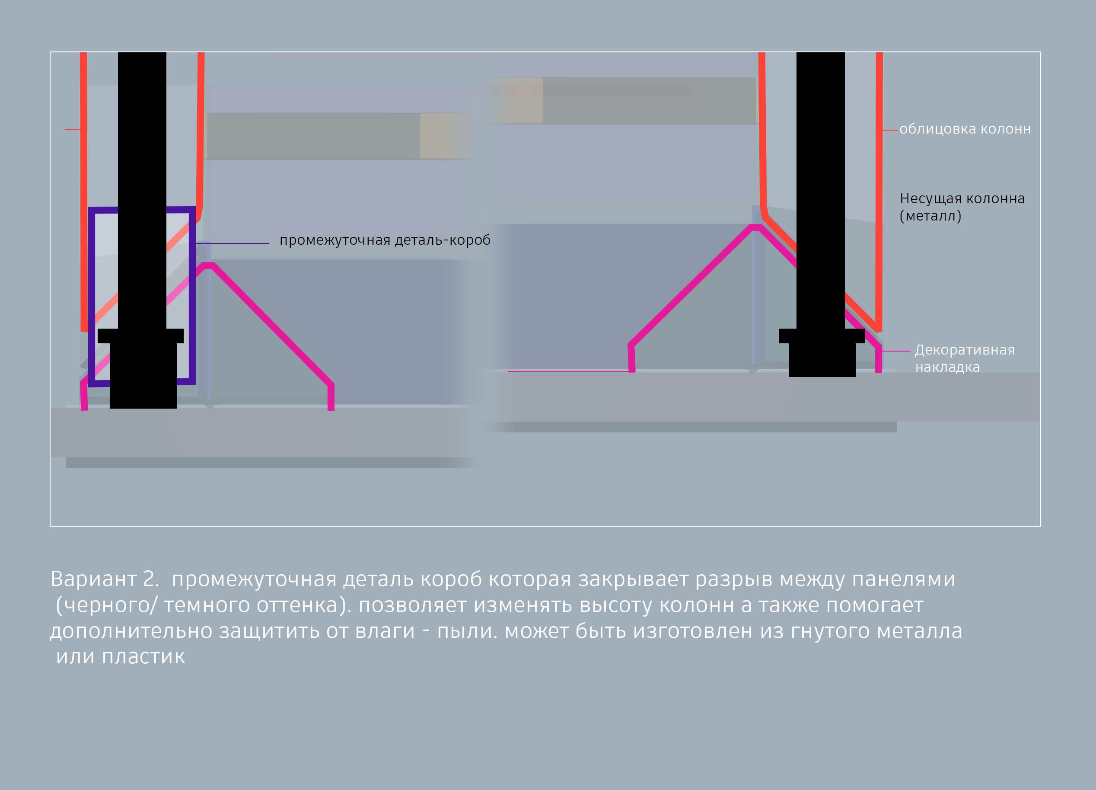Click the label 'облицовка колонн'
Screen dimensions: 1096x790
(x=965, y=129)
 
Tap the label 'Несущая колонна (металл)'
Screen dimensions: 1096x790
(x=962, y=207)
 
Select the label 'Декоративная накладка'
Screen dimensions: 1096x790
(x=965, y=358)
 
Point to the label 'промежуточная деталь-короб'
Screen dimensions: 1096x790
(x=385, y=240)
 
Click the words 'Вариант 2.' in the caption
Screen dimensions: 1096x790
(x=105, y=579)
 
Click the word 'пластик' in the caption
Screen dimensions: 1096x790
(x=143, y=656)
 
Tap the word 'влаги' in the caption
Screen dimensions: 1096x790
(x=385, y=631)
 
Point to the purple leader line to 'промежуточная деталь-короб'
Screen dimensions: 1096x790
(x=233, y=243)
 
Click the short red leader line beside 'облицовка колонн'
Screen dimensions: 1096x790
(x=890, y=130)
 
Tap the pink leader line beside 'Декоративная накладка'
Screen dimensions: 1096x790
(x=896, y=351)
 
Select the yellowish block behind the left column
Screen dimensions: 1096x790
(x=443, y=136)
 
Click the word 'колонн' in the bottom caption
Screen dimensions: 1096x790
(x=697, y=605)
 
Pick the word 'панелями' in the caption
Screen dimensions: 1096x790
(x=903, y=579)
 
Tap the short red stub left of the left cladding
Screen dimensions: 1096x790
(x=73, y=129)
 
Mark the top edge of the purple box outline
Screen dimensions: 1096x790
(x=142, y=210)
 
